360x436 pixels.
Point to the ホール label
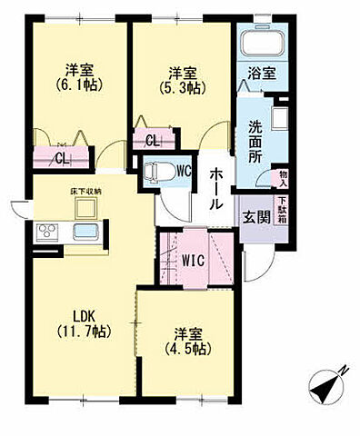click(x=216, y=189)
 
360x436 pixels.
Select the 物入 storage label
click(x=283, y=178)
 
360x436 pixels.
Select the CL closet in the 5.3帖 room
click(x=153, y=140)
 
